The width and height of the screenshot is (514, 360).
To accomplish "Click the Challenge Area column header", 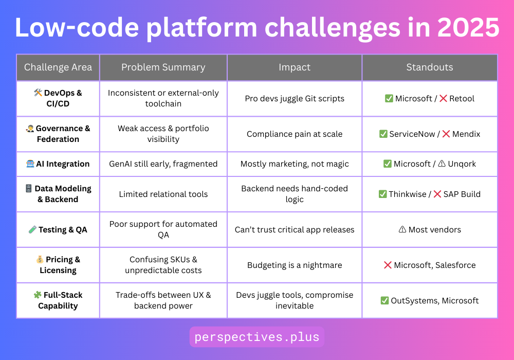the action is coord(58,67).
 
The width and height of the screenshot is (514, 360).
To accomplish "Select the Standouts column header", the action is coord(429,67).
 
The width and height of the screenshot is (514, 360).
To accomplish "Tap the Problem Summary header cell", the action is coord(163,67).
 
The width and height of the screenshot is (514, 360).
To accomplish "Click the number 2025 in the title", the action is coord(468,28).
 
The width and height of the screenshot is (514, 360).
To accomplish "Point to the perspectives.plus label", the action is coord(257,337).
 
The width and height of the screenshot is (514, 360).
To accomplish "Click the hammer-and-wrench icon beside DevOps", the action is coord(38,93).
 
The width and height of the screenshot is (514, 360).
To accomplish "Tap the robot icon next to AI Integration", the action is coord(30,164).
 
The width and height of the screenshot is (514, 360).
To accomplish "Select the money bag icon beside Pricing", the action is coord(40,260).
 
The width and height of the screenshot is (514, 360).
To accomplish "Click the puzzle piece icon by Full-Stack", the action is coord(38,295).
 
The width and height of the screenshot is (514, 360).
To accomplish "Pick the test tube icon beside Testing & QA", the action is coord(32,229).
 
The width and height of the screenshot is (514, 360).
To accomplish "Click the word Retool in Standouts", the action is coord(462,99).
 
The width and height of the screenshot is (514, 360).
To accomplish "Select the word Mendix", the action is coord(466,134).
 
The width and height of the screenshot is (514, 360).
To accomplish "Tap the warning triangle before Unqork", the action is coord(442,164).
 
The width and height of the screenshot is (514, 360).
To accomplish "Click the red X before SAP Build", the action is coord(437,194).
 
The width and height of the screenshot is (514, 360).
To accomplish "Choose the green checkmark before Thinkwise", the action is coord(382,194).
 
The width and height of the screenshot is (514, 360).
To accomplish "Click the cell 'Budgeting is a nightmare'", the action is coord(295,265).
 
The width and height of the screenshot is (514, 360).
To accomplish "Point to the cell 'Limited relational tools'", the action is coord(163,194).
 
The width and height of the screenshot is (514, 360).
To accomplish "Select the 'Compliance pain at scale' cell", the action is coord(295,134).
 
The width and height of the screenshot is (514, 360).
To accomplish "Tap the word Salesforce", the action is coord(455,265).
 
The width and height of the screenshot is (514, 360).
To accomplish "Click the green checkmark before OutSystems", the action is coord(384,301).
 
